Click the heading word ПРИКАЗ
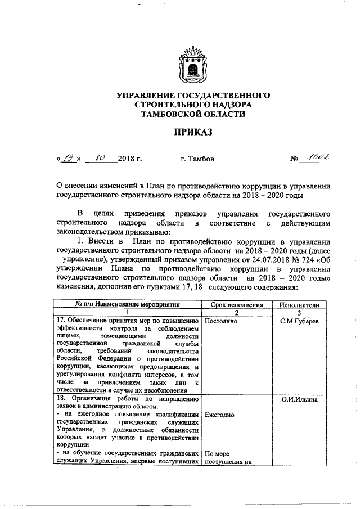coord(193,133)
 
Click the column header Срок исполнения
coord(236,304)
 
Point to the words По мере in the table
coord(217,454)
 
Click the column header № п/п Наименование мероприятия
coord(127,304)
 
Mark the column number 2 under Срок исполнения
coord(236,313)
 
